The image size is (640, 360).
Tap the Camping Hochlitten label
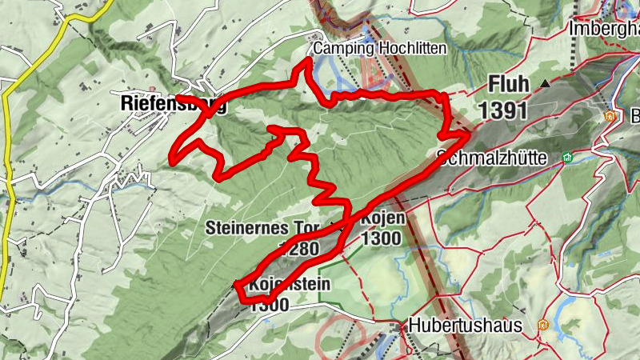pyautogui.click(x=379, y=49)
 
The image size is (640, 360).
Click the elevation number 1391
pyautogui.click(x=504, y=109)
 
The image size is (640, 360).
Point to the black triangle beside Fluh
pyautogui.click(x=546, y=83)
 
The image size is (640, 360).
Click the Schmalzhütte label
pyautogui.click(x=492, y=158)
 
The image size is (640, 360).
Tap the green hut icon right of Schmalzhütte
pyautogui.click(x=567, y=158)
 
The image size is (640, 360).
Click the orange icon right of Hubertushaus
pyautogui.click(x=543, y=326)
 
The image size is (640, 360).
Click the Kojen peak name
pyautogui.click(x=383, y=218)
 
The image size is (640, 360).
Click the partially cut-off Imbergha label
pyautogui.click(x=603, y=28)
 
